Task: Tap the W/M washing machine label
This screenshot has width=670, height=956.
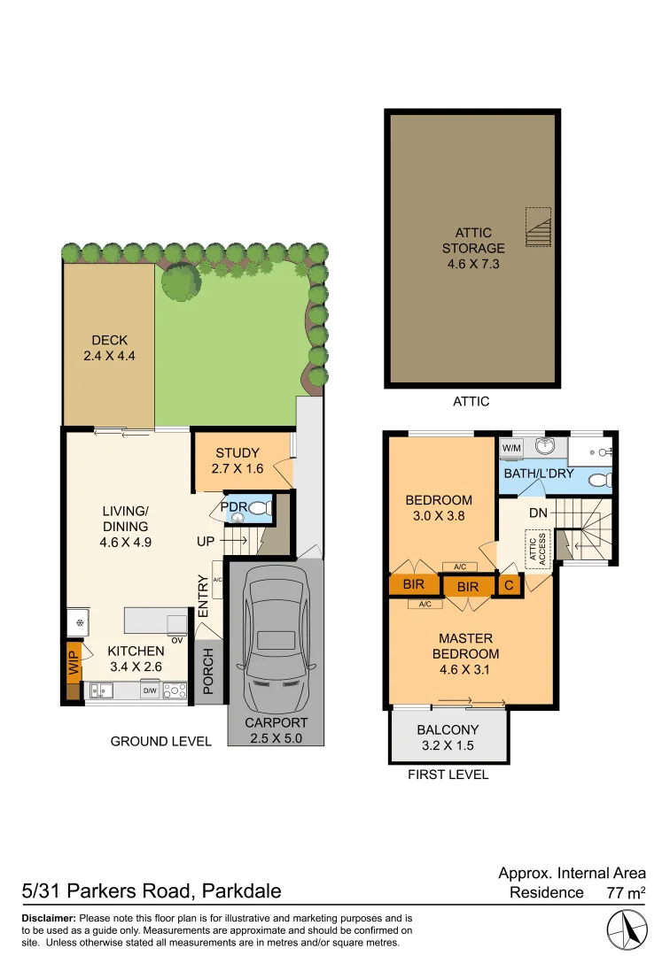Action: (x=511, y=449)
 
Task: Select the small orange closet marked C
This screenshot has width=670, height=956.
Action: (x=509, y=585)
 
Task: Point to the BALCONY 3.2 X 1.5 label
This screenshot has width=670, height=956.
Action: (x=448, y=737)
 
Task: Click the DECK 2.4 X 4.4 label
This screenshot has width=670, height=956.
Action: (x=109, y=348)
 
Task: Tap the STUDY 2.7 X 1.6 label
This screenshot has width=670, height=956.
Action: (x=237, y=460)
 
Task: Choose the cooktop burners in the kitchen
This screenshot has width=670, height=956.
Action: (x=175, y=690)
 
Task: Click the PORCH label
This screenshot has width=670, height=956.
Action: (x=208, y=672)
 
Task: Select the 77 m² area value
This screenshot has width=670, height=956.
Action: (x=626, y=892)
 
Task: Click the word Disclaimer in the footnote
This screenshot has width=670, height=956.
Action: (x=49, y=919)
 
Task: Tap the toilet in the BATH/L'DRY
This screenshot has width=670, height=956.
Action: (x=600, y=480)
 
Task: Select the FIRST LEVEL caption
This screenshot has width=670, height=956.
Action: (x=448, y=775)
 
